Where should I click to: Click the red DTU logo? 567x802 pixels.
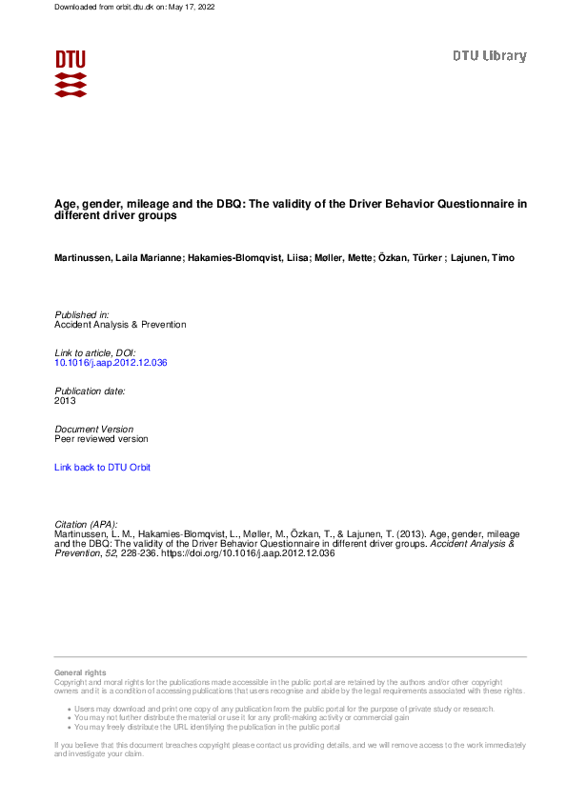tap(71, 73)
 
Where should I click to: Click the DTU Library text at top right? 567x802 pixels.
tap(489, 56)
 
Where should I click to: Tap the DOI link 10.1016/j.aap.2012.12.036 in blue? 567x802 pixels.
tap(111, 363)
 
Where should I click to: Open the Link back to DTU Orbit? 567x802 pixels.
tap(103, 468)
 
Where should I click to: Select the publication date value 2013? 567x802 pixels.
tap(66, 401)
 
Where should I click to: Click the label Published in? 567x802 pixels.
tap(82, 314)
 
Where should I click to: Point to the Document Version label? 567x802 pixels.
tap(94, 429)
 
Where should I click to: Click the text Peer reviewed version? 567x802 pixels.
tap(102, 439)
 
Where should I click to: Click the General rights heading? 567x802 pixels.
tap(81, 673)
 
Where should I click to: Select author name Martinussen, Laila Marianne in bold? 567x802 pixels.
tap(118, 258)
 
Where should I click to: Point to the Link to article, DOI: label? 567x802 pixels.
tap(95, 352)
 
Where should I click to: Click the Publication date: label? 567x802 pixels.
tap(91, 391)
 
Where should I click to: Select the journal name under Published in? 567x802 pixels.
tap(121, 325)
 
